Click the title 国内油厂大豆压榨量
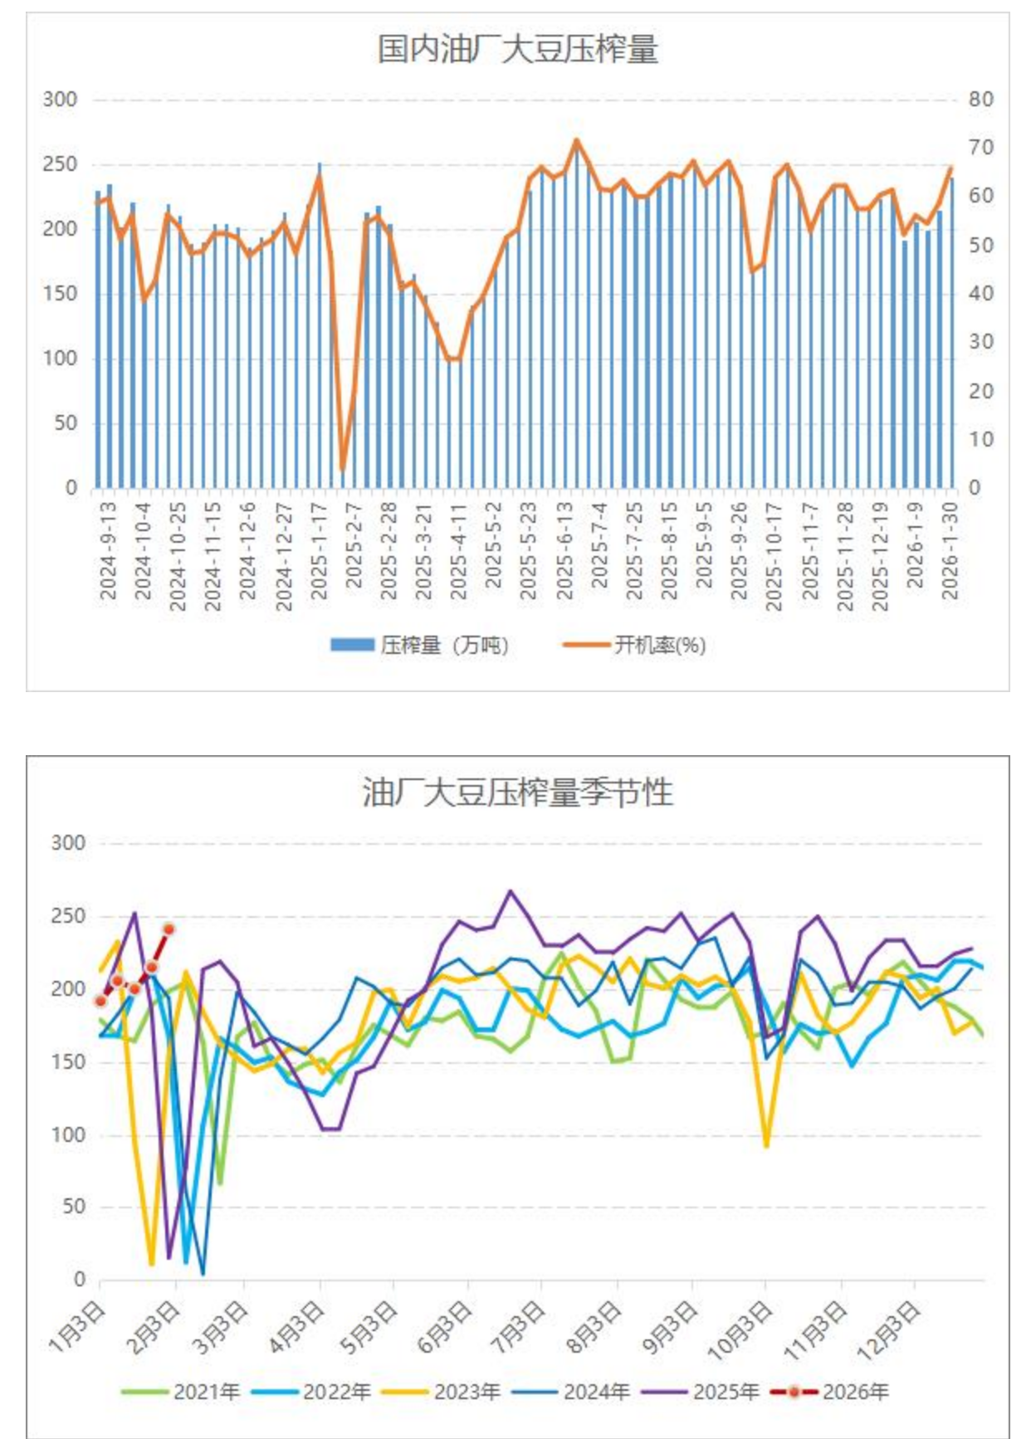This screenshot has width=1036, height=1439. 517,49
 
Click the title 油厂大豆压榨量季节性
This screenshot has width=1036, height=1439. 517,793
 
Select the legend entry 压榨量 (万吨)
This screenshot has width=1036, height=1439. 419,645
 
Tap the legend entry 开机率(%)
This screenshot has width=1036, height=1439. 635,645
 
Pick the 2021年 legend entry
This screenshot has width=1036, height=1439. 182,1392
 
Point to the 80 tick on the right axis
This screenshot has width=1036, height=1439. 980,100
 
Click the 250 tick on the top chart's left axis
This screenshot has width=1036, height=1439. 60,164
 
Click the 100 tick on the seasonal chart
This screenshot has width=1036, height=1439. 68,1134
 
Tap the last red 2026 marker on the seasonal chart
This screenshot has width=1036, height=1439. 169,929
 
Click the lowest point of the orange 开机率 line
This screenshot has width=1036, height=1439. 342,470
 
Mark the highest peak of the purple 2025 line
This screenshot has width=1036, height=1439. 511,891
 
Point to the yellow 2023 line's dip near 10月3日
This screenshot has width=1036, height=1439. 766,1146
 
